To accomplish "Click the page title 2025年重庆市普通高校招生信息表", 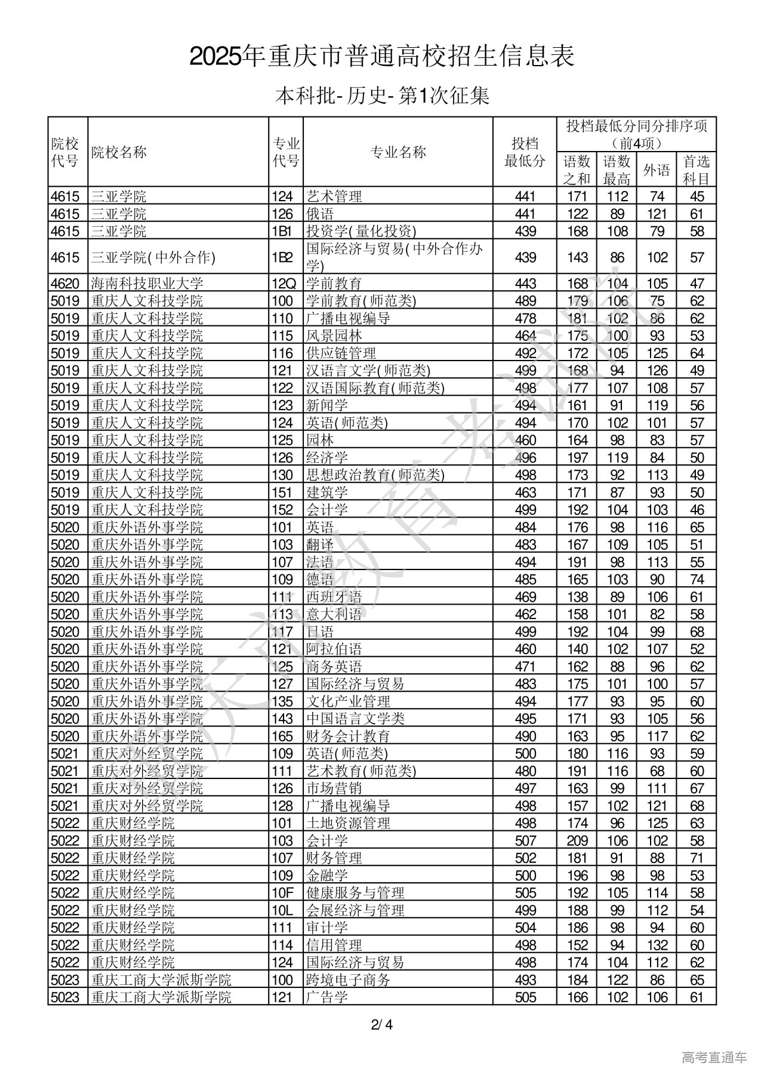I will [x=382, y=57].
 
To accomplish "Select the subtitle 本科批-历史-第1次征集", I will [x=382, y=96].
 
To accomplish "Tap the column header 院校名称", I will [x=119, y=152].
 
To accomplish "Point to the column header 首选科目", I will [x=697, y=170].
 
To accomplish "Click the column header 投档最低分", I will [x=525, y=152].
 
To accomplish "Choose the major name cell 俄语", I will [x=320, y=214].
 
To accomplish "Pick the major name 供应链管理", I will [x=341, y=353].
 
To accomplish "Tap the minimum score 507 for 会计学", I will [x=525, y=840].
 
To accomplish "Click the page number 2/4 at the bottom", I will [x=382, y=1026].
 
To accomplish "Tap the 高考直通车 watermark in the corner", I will [x=714, y=1058].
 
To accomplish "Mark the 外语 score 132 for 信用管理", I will [x=657, y=945].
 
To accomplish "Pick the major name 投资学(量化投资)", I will [x=361, y=231].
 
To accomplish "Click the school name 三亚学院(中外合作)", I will [x=153, y=257].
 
